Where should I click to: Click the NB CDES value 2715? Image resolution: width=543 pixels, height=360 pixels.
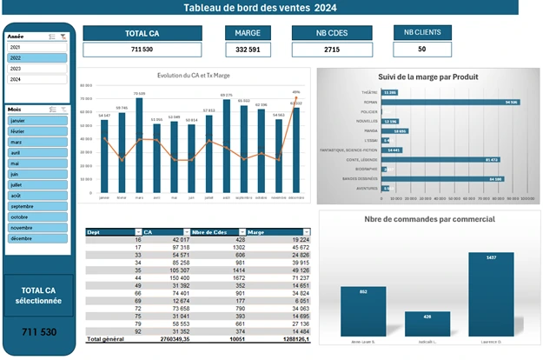point(332,50)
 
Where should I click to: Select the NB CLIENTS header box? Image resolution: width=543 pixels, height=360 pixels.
point(422,32)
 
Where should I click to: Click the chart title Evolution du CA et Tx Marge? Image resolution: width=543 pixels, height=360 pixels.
point(199,76)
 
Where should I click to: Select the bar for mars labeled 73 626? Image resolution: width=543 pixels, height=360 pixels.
point(139,144)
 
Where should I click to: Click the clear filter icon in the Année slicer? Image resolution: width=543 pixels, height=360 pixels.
point(64,37)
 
